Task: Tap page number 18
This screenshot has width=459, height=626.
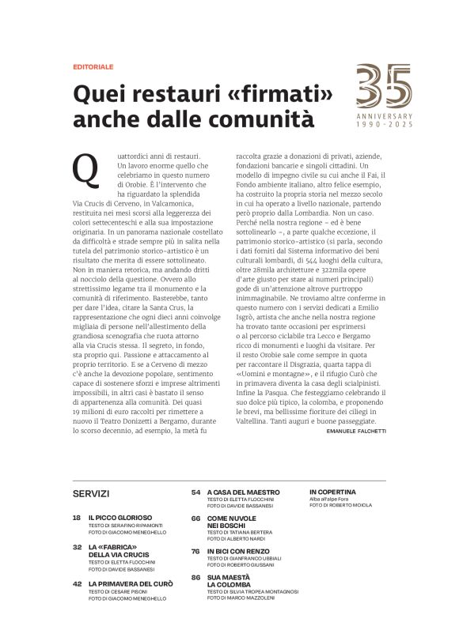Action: [77, 517]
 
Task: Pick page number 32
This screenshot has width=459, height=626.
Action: [77, 546]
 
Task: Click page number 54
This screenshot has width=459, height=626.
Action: [195, 491]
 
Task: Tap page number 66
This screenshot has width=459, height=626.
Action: [195, 518]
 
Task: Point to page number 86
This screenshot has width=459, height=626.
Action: [195, 578]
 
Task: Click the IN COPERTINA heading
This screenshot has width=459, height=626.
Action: [332, 491]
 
